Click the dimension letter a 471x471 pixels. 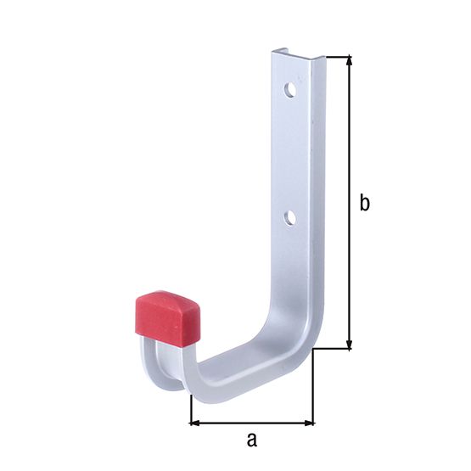[x=250, y=440]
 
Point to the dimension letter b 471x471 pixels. [x=364, y=203]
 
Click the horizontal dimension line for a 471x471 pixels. [x=251, y=422]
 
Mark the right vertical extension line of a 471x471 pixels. [x=314, y=390]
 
